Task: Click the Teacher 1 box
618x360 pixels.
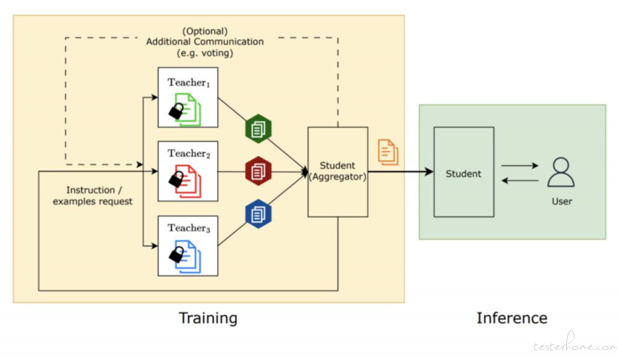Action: [188, 98]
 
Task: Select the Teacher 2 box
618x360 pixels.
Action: [188, 171]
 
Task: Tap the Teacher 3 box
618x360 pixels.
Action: [188, 246]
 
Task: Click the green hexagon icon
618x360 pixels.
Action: [258, 129]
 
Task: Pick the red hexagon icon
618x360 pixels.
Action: [258, 171]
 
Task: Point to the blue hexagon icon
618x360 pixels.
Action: [258, 214]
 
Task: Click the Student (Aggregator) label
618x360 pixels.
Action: [337, 171]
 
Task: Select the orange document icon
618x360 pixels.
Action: [388, 152]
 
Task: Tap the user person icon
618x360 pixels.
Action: [561, 172]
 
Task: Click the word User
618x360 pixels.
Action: [562, 201]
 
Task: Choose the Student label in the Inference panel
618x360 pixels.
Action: [463, 174]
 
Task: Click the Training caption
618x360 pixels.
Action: [208, 317]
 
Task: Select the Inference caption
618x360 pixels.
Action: [512, 317]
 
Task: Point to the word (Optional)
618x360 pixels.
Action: [205, 31]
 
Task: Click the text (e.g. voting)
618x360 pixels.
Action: [205, 53]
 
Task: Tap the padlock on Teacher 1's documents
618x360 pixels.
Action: [176, 111]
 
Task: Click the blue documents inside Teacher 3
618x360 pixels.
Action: [189, 256]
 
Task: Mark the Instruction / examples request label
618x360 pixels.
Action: [93, 195]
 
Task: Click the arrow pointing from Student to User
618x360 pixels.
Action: [519, 165]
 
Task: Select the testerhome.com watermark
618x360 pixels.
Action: [575, 343]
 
